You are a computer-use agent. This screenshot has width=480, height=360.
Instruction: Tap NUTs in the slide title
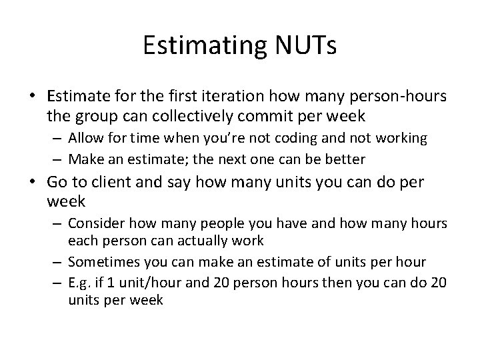(x=303, y=45)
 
